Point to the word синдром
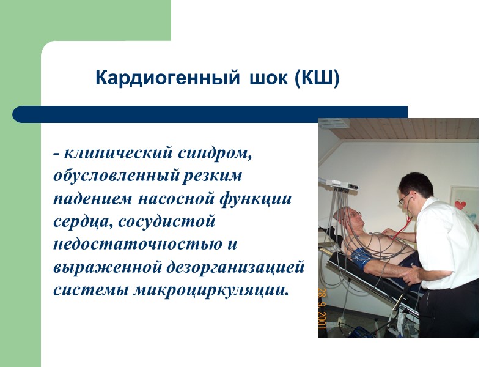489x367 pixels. pyautogui.click(x=214, y=154)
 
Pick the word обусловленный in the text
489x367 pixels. pyautogui.click(x=116, y=176)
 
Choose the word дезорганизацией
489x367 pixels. pyautogui.click(x=239, y=267)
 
